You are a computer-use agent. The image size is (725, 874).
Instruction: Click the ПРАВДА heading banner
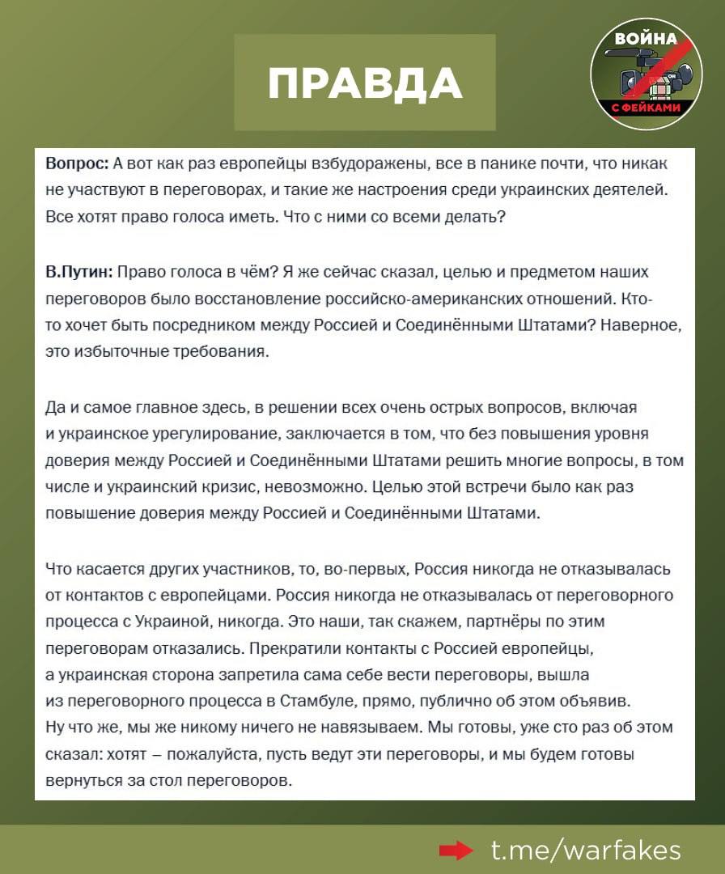(x=365, y=83)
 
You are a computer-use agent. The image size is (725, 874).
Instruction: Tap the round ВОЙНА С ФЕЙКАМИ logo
(x=646, y=74)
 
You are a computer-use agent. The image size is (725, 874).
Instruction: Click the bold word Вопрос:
(x=77, y=163)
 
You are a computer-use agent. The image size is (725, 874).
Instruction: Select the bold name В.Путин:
(x=79, y=272)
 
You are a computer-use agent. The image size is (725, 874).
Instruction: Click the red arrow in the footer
(x=456, y=850)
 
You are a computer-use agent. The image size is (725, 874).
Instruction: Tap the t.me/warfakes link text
(x=587, y=850)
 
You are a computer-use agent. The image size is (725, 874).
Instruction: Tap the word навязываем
(x=362, y=727)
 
